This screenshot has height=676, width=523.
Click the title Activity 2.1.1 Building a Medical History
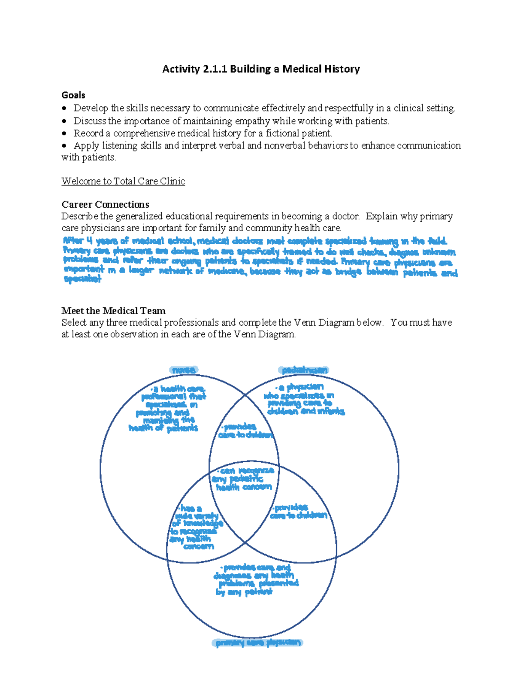261,69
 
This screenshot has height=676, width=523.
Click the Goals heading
73,95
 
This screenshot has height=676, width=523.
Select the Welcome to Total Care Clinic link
123,181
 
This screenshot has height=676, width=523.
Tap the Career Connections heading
105,204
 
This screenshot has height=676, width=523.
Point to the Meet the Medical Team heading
113,311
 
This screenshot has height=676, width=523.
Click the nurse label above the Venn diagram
183,370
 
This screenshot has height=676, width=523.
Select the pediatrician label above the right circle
304,370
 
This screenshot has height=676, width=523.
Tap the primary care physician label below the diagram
258,642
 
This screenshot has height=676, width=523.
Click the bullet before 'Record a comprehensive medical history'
65,133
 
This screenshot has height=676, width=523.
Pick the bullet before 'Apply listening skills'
65,146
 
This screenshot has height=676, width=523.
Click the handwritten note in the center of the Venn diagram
244,479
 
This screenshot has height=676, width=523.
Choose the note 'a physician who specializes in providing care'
304,399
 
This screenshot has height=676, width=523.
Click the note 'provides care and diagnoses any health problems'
256,579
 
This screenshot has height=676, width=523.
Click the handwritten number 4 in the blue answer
89,240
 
